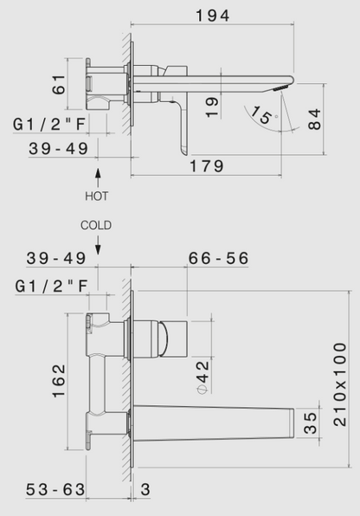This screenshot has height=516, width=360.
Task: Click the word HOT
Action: point(97,197)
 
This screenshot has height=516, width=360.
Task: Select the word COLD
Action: point(97,224)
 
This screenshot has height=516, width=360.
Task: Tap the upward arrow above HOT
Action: point(97,179)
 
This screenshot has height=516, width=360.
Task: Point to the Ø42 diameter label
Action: point(202,377)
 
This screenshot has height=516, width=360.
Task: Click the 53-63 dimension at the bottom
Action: point(57,489)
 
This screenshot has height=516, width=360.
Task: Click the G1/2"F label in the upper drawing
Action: point(52,126)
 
